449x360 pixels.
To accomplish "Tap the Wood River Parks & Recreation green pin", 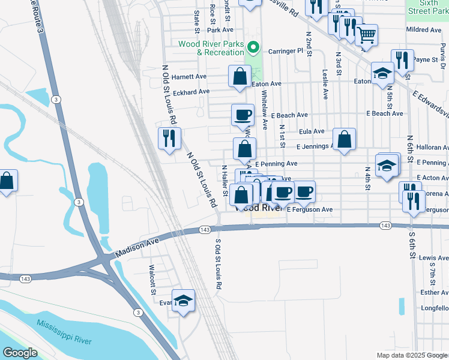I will tap(254, 46).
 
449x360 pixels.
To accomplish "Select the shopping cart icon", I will tap(366, 34).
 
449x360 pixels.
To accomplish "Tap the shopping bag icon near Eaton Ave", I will tap(240, 76).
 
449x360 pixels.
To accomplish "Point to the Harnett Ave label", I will tap(188, 77).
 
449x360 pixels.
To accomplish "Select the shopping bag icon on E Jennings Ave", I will tap(344, 139).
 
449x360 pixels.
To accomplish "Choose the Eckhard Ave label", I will tap(191, 92).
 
